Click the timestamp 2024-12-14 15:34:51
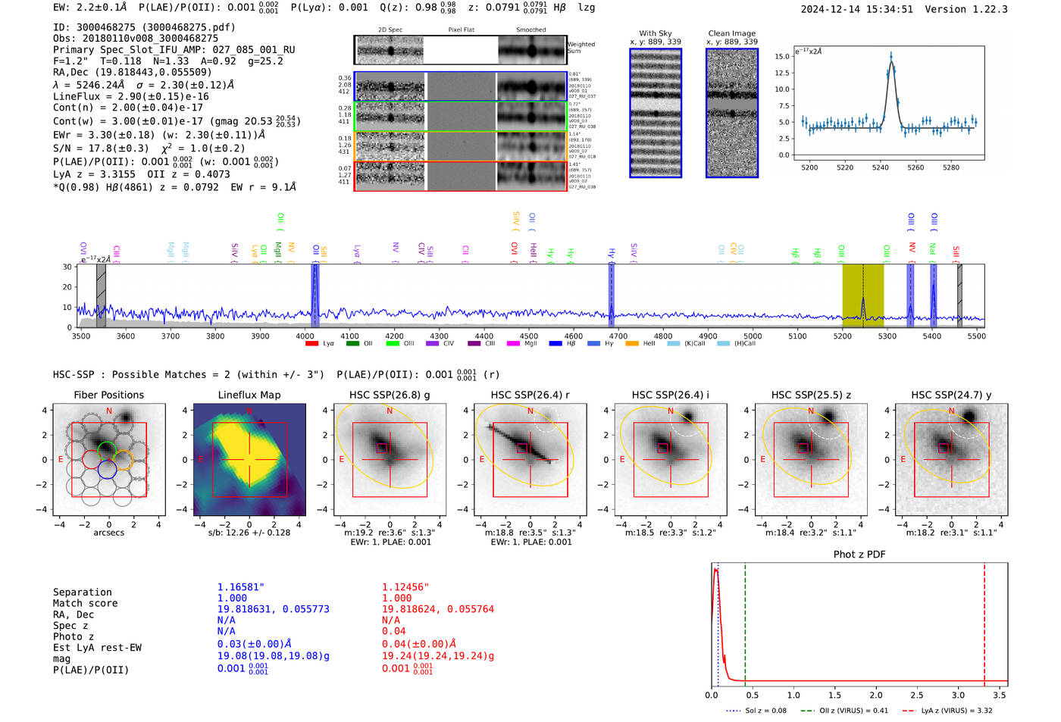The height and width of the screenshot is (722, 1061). coord(856,9)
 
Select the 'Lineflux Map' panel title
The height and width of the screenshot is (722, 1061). coord(249,395)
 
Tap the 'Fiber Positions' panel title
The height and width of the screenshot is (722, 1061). coord(108,395)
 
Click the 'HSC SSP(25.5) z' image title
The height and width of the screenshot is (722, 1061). coord(811,395)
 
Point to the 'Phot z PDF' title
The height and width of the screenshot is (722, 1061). coord(859,555)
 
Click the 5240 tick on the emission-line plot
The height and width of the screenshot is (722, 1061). coord(880,167)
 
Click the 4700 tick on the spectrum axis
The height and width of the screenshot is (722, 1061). coord(618,336)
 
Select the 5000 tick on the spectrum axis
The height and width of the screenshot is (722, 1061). coord(753,336)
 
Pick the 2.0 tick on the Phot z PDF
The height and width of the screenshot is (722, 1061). coord(875,695)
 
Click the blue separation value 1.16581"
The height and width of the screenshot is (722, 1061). coord(241,587)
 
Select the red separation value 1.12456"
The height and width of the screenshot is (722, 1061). coord(405,587)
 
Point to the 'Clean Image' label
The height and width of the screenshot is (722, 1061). coord(731,33)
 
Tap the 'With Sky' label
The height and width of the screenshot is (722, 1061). coord(655,33)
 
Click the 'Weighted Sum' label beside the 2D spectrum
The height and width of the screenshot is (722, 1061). coord(581,48)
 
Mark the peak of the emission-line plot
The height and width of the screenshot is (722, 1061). coord(890,55)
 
